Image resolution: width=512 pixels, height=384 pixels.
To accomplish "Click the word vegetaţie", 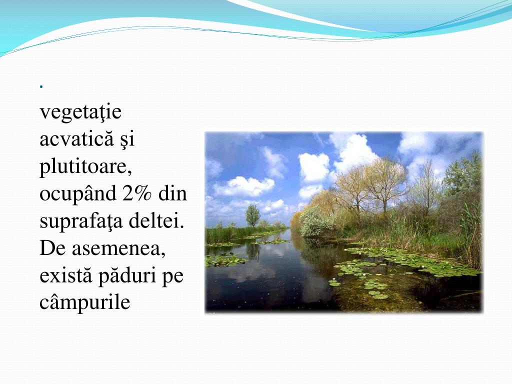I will pos(80,112).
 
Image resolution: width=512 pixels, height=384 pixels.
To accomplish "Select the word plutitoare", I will pos(85,166).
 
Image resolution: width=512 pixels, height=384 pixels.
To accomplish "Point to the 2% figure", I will pos(136,193).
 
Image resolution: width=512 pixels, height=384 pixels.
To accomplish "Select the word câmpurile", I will pos(85,302).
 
